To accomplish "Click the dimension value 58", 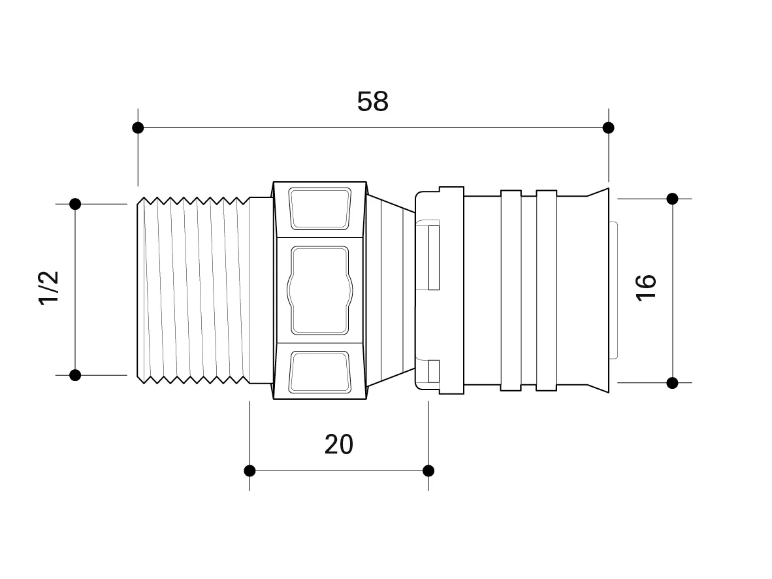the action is (x=373, y=101).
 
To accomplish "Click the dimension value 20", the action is (x=339, y=444).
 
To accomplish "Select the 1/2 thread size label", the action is (x=49, y=288).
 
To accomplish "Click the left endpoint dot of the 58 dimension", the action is (x=138, y=128).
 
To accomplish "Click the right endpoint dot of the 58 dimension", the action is (x=609, y=128).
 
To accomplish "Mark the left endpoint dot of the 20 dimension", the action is (x=249, y=471).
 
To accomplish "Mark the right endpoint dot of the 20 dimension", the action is (x=428, y=471).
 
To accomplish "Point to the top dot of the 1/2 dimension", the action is (x=75, y=204).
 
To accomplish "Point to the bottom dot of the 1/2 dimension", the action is (x=75, y=376).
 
